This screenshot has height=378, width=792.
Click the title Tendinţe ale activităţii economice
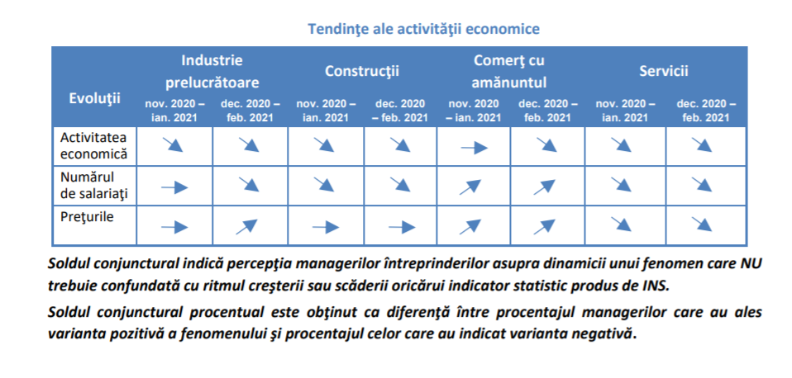(424, 29)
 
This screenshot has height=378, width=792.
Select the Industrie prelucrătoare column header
(212, 71)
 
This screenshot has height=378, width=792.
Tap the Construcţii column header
(361, 71)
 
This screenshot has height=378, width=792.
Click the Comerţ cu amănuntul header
(509, 71)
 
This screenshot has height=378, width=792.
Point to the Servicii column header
(664, 71)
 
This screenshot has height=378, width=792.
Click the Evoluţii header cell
(94, 98)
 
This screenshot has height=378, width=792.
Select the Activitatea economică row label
(94, 145)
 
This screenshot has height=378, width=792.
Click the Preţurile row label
(87, 217)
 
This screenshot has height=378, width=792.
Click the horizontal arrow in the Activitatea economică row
(475, 149)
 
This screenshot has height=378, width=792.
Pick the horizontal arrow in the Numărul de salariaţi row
(174, 188)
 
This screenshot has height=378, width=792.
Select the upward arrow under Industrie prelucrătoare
(247, 227)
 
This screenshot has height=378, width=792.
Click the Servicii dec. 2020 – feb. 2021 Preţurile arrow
(702, 224)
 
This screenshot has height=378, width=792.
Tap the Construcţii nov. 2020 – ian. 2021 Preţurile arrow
(326, 227)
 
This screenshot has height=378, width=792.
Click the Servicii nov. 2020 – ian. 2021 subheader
(625, 111)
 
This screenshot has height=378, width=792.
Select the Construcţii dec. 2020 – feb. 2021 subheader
(400, 111)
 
